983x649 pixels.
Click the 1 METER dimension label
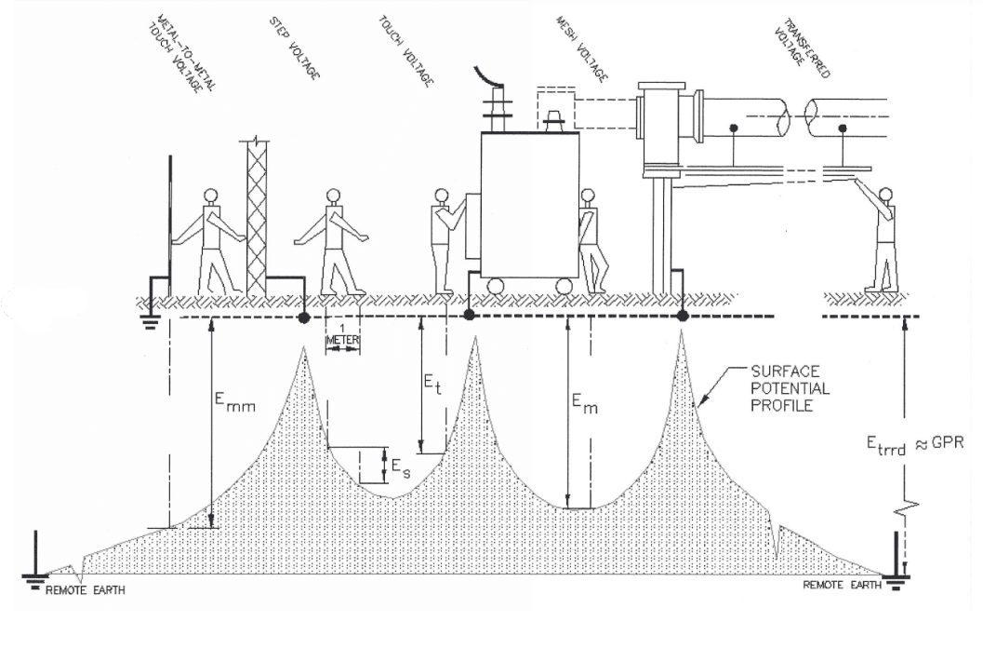(341, 336)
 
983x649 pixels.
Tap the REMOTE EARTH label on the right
(841, 585)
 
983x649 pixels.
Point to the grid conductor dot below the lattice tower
(303, 318)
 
